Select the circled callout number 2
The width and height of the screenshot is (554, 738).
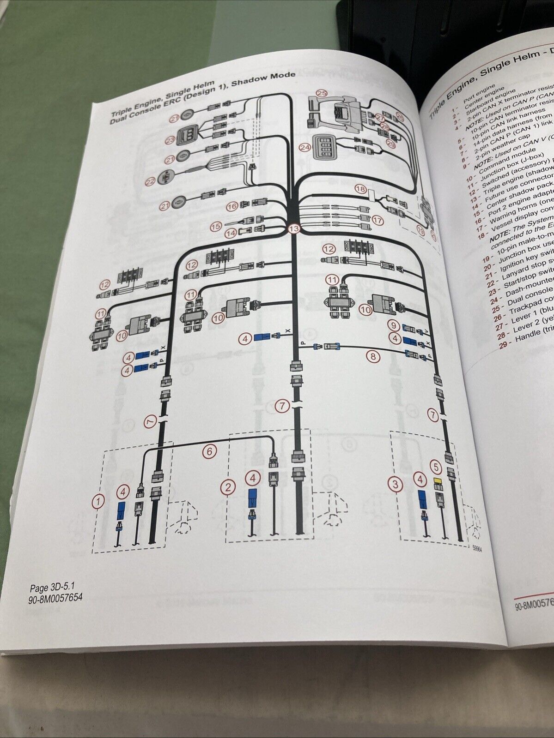pyautogui.click(x=227, y=486)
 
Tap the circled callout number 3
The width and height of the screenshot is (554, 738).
pyautogui.click(x=395, y=484)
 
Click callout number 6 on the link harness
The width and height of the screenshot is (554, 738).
pyautogui.click(x=210, y=451)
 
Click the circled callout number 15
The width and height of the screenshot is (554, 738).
pyautogui.click(x=216, y=226)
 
